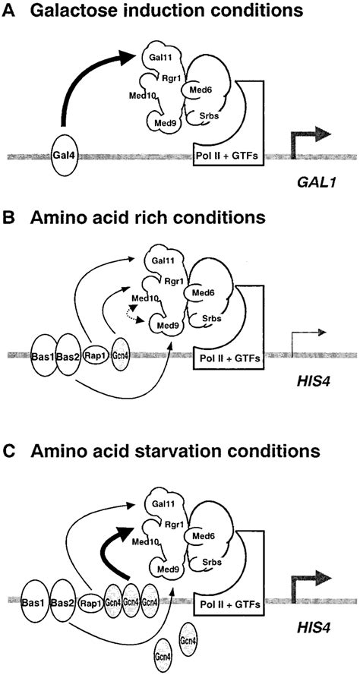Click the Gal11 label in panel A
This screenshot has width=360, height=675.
(x=155, y=58)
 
